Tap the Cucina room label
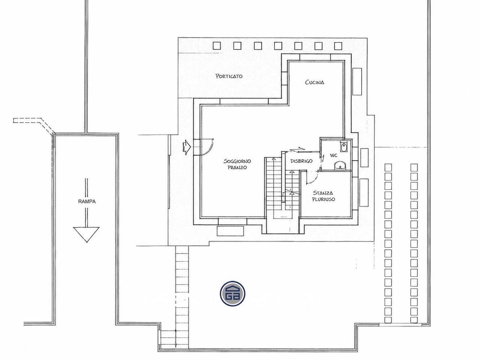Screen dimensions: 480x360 coord(315,82)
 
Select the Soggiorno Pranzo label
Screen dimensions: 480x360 coord(237,164)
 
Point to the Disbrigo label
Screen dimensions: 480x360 coord(301,161)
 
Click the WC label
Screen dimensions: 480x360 coord(333,155)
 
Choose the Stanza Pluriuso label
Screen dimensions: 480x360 coord(323,196)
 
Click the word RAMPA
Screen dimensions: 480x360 coord(87,201)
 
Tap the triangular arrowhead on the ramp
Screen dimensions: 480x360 coord(86,234)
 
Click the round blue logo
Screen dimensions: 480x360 coord(232,294)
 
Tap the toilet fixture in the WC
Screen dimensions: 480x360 coord(344,146)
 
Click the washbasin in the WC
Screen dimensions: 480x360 coord(340,165)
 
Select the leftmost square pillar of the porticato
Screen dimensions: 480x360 coord(217,46)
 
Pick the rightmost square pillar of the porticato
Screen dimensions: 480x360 coord(338,46)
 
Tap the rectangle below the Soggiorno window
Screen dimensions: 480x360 coord(230,231)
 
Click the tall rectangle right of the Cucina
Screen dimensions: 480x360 coord(357,81)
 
